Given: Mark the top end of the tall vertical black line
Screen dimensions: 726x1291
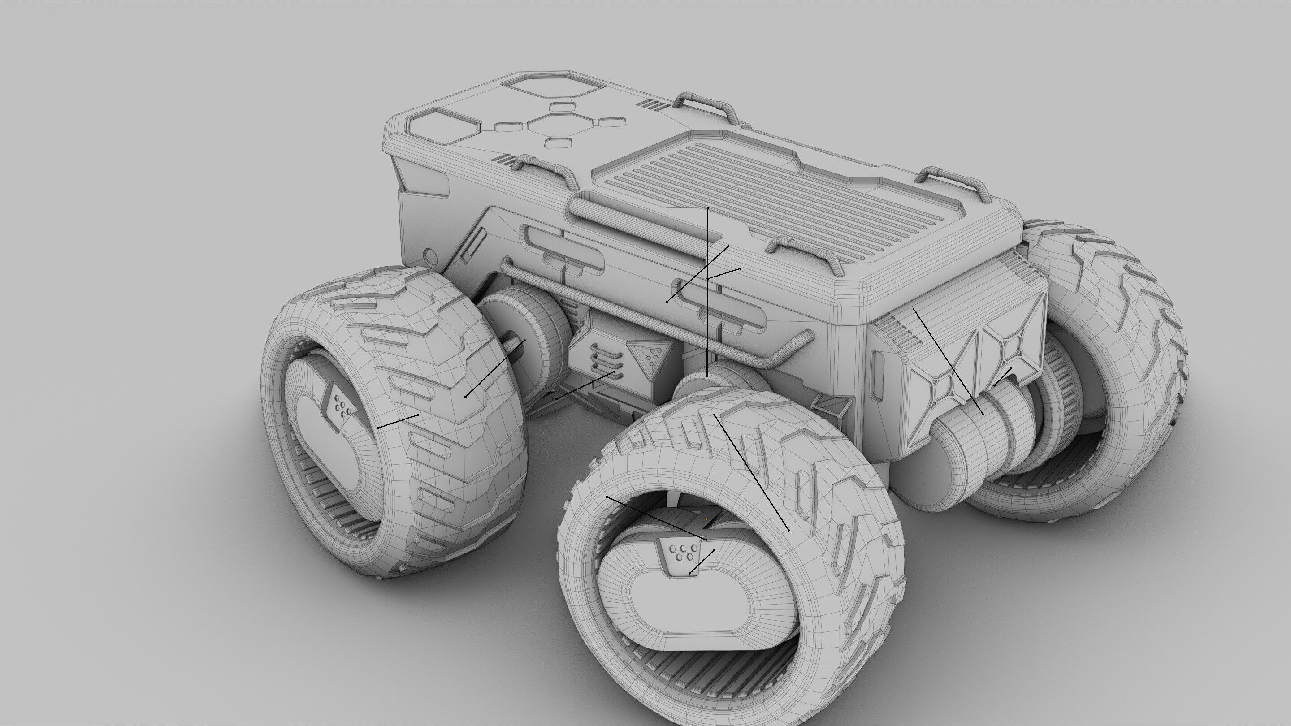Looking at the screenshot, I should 708,207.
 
